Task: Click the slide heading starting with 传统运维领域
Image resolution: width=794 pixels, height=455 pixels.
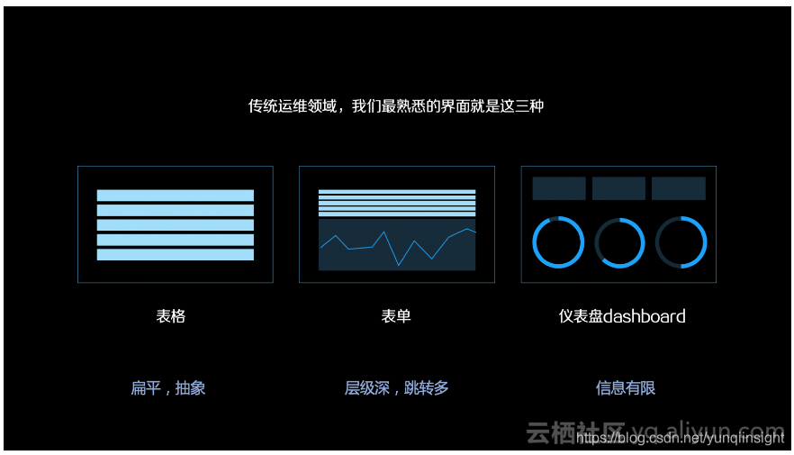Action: (x=396, y=106)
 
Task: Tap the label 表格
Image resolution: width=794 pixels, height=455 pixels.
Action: (x=171, y=316)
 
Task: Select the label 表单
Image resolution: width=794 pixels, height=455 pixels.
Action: (x=396, y=316)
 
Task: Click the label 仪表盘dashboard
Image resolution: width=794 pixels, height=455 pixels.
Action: (x=622, y=316)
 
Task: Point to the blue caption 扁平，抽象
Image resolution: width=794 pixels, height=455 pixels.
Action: (x=168, y=388)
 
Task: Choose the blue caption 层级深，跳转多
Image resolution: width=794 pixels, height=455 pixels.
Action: (x=396, y=388)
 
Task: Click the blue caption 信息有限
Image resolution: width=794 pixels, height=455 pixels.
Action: (x=626, y=388)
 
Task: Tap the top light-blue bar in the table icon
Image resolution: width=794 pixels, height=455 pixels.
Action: (x=176, y=196)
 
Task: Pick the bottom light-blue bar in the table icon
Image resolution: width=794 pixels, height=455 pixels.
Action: (x=176, y=255)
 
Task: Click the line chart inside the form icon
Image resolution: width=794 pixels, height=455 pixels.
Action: (x=397, y=244)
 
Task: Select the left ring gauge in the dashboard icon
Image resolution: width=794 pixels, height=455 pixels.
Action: (x=558, y=242)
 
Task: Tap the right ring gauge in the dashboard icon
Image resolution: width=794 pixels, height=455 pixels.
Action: (x=681, y=242)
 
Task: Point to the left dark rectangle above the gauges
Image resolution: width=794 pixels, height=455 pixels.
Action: (x=559, y=188)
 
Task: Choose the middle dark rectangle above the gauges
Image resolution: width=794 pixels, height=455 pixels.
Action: (x=618, y=188)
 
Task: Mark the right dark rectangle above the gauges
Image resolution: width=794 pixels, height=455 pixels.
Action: (x=679, y=188)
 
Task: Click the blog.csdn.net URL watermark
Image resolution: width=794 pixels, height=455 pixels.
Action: (x=681, y=438)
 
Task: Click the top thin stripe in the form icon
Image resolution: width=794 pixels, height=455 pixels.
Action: (x=397, y=191)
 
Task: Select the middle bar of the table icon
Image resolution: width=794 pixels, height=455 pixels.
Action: (x=176, y=225)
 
